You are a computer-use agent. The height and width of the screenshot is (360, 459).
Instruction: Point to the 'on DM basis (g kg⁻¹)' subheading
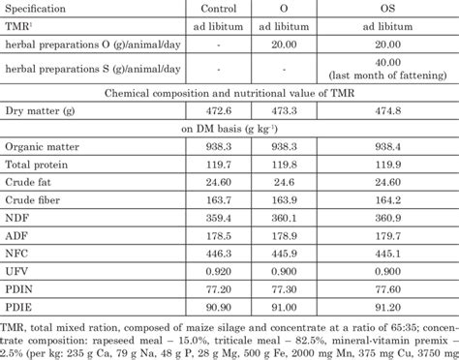[x=229, y=130]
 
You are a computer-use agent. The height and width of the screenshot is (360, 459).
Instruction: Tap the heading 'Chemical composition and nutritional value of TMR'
[x=229, y=94]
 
